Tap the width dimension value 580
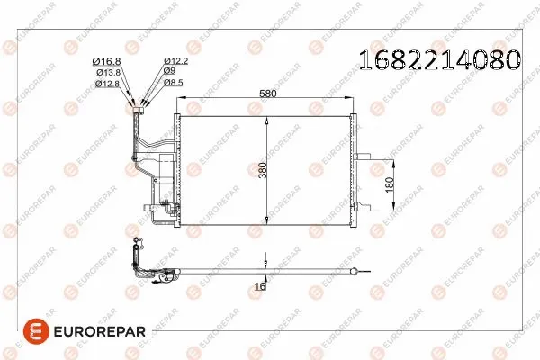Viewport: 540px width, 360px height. pyautogui.click(x=265, y=92)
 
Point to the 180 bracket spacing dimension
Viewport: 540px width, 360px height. pyautogui.click(x=390, y=184)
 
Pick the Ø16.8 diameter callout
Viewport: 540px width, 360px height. pyautogui.click(x=107, y=61)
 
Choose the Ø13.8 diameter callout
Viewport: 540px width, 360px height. pyautogui.click(x=107, y=72)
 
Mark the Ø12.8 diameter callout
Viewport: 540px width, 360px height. pyautogui.click(x=107, y=83)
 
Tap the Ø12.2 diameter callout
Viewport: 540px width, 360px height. pyautogui.click(x=175, y=61)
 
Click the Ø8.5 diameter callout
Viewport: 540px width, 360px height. pyautogui.click(x=173, y=83)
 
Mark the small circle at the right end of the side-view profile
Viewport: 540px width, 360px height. pyautogui.click(x=356, y=271)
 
